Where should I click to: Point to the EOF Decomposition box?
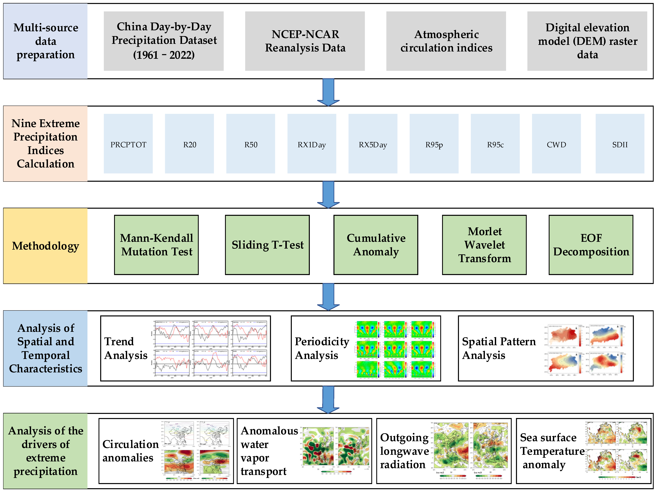(x=591, y=245)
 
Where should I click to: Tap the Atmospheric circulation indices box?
(x=446, y=41)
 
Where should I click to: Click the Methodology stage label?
(x=45, y=246)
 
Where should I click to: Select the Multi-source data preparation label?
(x=45, y=41)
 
